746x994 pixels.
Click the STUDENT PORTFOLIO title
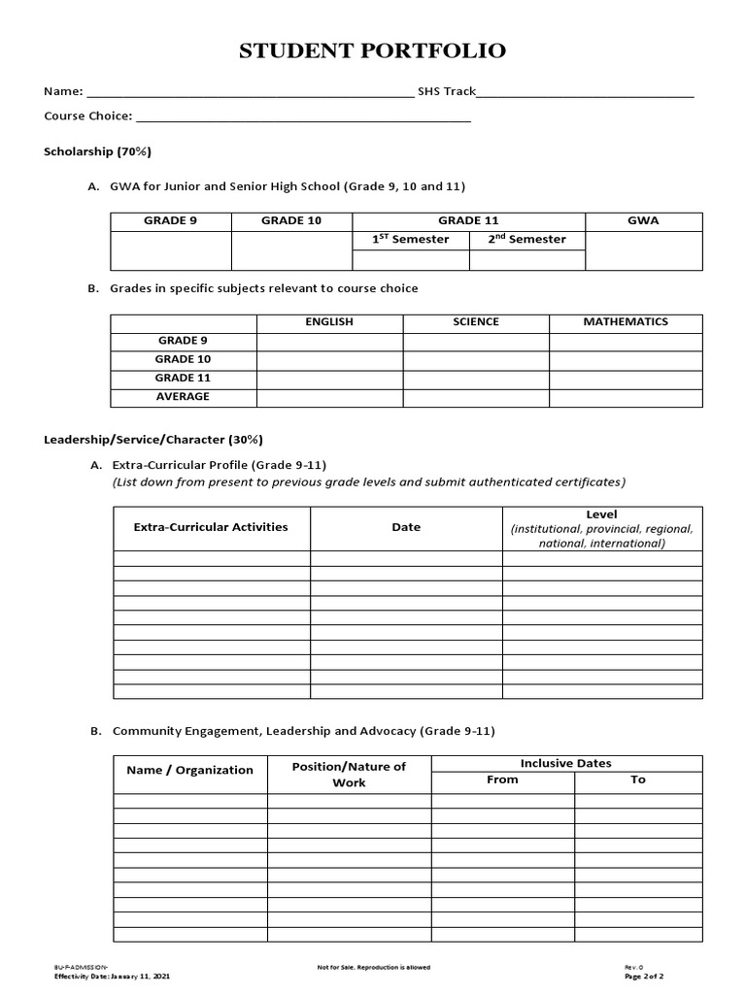[x=373, y=51]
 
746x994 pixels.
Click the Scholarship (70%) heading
[x=97, y=152]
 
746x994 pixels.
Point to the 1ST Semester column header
[x=411, y=240]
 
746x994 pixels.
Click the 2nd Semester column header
[x=527, y=240]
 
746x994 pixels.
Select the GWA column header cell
[x=643, y=221]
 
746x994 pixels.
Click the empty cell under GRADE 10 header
[x=291, y=250]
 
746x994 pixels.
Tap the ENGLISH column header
[x=329, y=322]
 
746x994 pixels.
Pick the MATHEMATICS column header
[x=626, y=322]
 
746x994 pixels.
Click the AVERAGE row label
[x=183, y=397]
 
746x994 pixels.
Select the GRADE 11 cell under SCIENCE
[x=476, y=379]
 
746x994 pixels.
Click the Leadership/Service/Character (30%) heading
[x=153, y=439]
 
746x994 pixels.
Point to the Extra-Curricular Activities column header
[x=211, y=527]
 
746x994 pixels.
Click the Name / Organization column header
[x=189, y=771]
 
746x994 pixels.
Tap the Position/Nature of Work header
[x=349, y=775]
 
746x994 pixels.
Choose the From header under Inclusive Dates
[x=502, y=780]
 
